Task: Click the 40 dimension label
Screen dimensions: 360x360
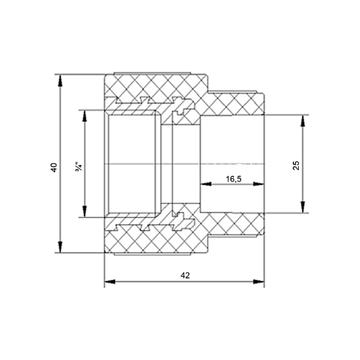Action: coord(54,167)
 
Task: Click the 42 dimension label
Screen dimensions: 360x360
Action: coord(185,275)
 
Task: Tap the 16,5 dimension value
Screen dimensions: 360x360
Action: coord(233,179)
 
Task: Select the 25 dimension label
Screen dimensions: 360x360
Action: coord(296,166)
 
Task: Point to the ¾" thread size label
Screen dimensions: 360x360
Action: coord(79,167)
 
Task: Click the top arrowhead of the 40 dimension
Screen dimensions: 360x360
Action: coord(60,80)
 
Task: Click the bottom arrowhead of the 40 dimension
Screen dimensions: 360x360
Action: coord(60,247)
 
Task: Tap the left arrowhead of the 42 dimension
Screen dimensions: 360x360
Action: coord(110,281)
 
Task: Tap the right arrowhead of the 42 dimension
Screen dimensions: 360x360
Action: coord(259,281)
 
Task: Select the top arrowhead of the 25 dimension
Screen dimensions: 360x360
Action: coord(303,121)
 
